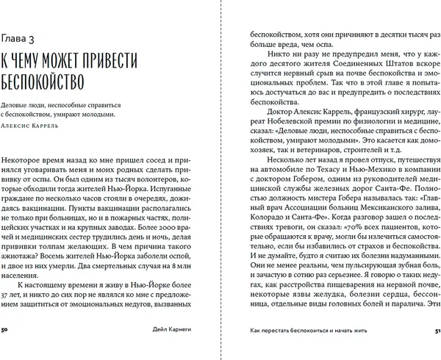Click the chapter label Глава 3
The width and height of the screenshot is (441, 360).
coord(25,37)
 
